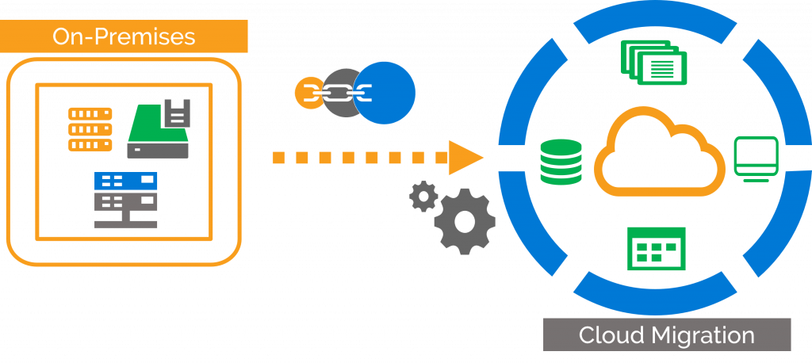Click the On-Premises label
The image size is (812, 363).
tap(124, 36)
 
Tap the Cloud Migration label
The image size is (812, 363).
tap(666, 334)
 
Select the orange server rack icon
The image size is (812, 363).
tap(90, 128)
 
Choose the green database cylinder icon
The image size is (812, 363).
tap(561, 162)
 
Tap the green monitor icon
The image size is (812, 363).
tap(756, 157)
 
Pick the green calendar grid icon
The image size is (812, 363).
tap(656, 249)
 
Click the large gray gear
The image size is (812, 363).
tap(465, 221)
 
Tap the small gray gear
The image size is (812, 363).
tap(423, 196)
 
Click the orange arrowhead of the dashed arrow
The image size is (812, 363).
tap(465, 157)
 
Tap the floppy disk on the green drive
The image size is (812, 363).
tap(176, 113)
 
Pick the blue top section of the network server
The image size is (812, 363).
tap(125, 181)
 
